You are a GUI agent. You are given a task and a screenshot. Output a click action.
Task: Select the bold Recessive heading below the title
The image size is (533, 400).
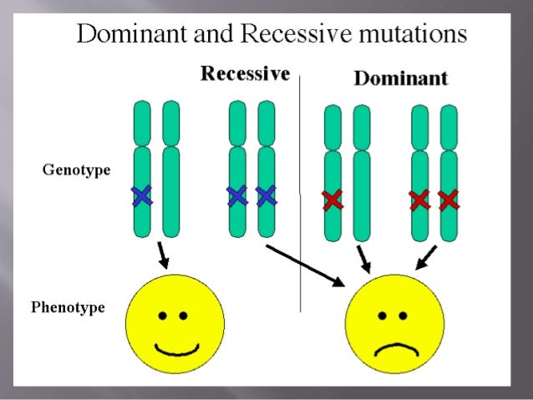point(245,74)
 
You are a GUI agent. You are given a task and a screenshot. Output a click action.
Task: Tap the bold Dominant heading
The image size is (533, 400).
point(401,79)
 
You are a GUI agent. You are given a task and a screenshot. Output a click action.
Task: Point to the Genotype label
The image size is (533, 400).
point(76,171)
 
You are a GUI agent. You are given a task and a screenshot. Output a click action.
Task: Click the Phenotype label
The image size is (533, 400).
point(68,307)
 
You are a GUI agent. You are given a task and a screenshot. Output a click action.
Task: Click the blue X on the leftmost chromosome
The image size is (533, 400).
point(142,195)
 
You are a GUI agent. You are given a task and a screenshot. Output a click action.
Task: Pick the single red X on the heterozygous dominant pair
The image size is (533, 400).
point(332,200)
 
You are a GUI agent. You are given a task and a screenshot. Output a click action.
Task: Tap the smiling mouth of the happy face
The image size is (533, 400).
point(175,345)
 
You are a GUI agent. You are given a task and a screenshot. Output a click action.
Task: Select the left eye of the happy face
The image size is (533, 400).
point(163,316)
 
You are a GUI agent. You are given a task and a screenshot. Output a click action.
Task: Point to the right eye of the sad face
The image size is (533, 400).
point(404,316)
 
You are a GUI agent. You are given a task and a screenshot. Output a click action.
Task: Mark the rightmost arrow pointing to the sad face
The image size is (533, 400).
point(427,256)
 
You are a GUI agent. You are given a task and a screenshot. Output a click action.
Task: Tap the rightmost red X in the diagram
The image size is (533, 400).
point(449,200)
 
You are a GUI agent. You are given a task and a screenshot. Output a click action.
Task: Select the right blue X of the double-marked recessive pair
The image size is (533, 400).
point(266,195)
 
